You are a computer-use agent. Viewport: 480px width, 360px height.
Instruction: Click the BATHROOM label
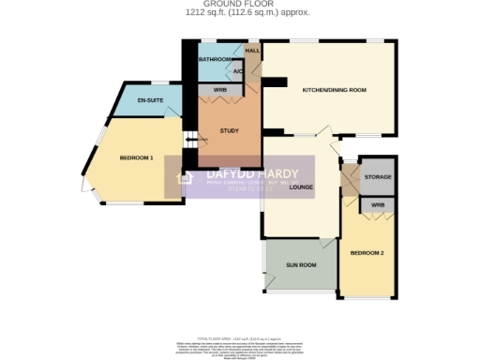(x=214, y=60)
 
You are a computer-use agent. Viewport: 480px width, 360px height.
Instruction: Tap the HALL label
(x=252, y=51)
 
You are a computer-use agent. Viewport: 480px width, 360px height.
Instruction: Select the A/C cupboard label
(x=237, y=71)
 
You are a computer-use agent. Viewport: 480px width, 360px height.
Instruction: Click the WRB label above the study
(x=220, y=90)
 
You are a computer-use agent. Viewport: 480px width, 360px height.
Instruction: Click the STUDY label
(x=229, y=130)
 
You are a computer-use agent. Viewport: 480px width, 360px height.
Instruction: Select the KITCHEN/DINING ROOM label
(x=333, y=90)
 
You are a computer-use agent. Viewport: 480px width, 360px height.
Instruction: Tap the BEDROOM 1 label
(x=137, y=157)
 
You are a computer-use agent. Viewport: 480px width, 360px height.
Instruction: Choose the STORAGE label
(x=378, y=176)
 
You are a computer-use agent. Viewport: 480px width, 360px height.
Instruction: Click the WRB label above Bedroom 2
(x=377, y=204)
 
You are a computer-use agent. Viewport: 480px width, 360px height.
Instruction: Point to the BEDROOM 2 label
(x=367, y=253)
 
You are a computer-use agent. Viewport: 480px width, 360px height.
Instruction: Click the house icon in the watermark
(x=186, y=177)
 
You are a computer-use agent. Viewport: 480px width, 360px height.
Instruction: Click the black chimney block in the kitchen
(x=273, y=82)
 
